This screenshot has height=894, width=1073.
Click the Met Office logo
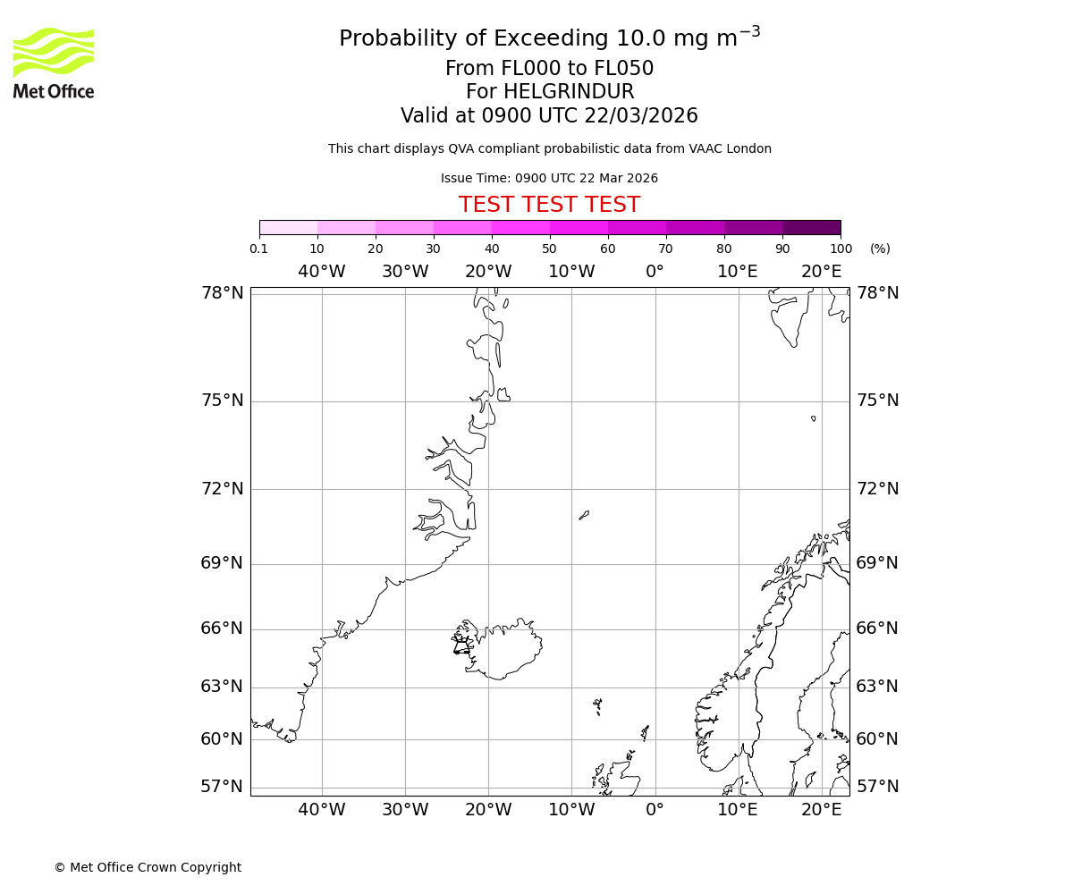(x=54, y=63)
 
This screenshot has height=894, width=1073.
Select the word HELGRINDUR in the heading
(x=569, y=92)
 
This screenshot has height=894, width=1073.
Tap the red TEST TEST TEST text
(x=549, y=205)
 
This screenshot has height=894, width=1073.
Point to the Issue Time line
(x=549, y=179)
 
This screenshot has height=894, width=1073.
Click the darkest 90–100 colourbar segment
(x=811, y=227)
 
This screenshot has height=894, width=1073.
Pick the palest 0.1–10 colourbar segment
(x=289, y=227)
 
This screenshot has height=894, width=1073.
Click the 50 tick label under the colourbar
(x=549, y=249)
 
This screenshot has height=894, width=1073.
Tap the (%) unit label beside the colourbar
(x=880, y=249)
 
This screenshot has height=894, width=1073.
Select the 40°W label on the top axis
(x=321, y=272)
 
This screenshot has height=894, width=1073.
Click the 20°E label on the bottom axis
(x=821, y=810)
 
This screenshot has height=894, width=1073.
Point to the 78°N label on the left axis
(x=222, y=293)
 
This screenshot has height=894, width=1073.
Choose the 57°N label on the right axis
(x=877, y=787)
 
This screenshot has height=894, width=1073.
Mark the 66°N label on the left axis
(x=222, y=628)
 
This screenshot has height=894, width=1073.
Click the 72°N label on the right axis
(x=877, y=489)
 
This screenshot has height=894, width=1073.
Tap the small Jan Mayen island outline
(x=584, y=515)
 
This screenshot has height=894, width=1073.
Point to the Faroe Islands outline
(x=597, y=706)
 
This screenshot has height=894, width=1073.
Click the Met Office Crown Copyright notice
(x=148, y=867)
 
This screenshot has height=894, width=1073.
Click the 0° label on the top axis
(x=655, y=272)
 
